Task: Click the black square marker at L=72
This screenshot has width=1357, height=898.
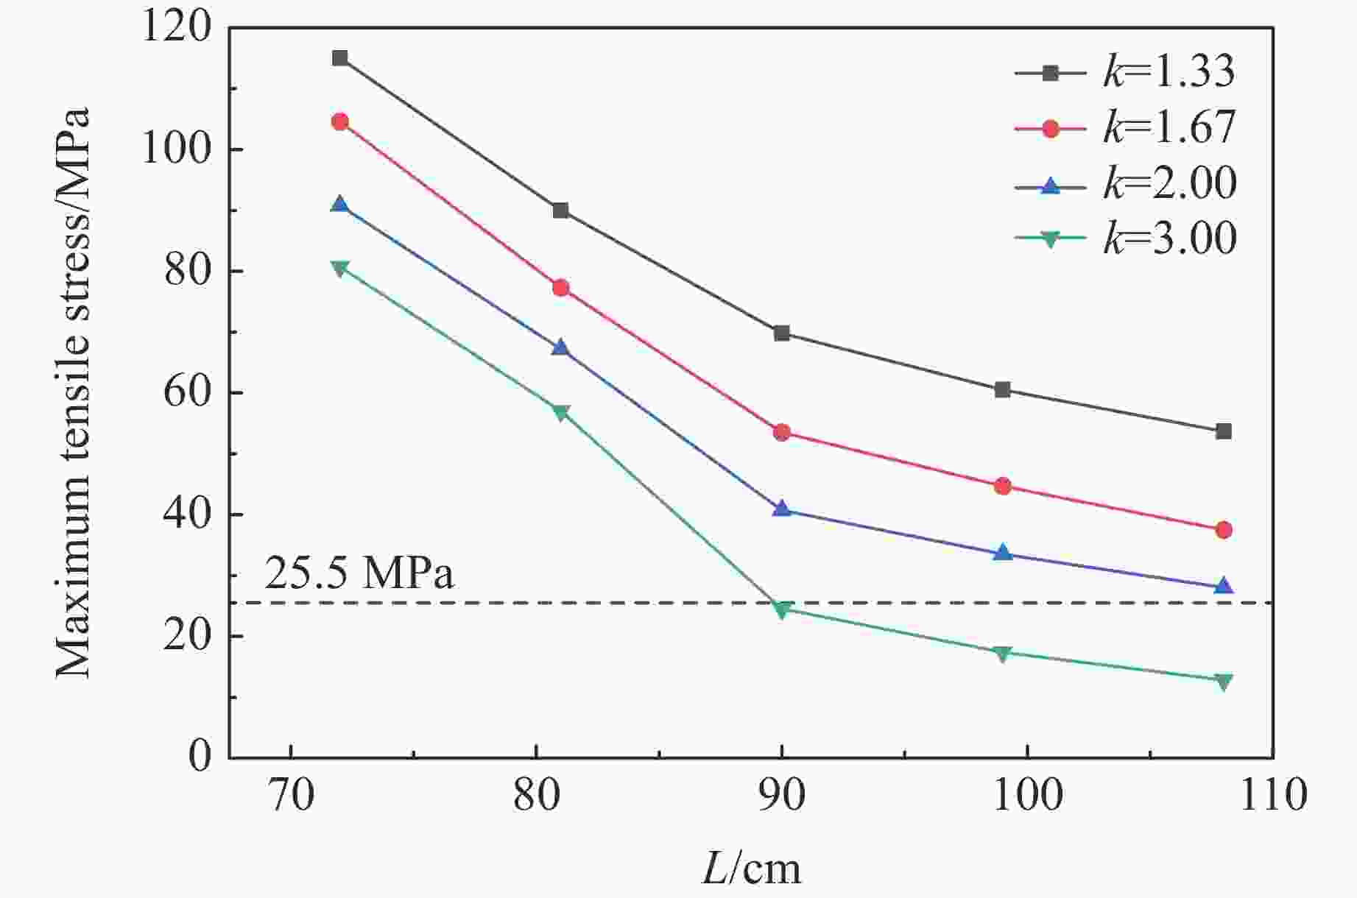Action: (x=339, y=58)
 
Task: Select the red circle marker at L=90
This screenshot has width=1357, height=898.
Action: (x=781, y=432)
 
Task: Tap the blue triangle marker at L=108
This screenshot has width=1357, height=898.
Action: (x=1223, y=586)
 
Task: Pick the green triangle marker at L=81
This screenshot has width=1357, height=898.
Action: (x=560, y=412)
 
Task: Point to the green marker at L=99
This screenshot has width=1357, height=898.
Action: (x=1002, y=653)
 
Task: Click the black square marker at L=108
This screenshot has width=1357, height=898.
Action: (x=1223, y=431)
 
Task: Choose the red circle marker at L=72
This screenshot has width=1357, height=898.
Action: (x=339, y=122)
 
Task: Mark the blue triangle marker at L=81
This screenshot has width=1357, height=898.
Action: (x=560, y=347)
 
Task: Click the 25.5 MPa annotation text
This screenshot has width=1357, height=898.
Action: (x=359, y=574)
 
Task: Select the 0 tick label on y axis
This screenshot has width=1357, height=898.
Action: (x=199, y=757)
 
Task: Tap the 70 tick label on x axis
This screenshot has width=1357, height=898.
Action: (x=292, y=796)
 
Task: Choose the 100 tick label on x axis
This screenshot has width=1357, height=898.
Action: (x=1026, y=796)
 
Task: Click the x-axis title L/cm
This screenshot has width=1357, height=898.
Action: (x=750, y=869)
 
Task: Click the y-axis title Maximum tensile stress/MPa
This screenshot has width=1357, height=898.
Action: (x=74, y=393)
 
